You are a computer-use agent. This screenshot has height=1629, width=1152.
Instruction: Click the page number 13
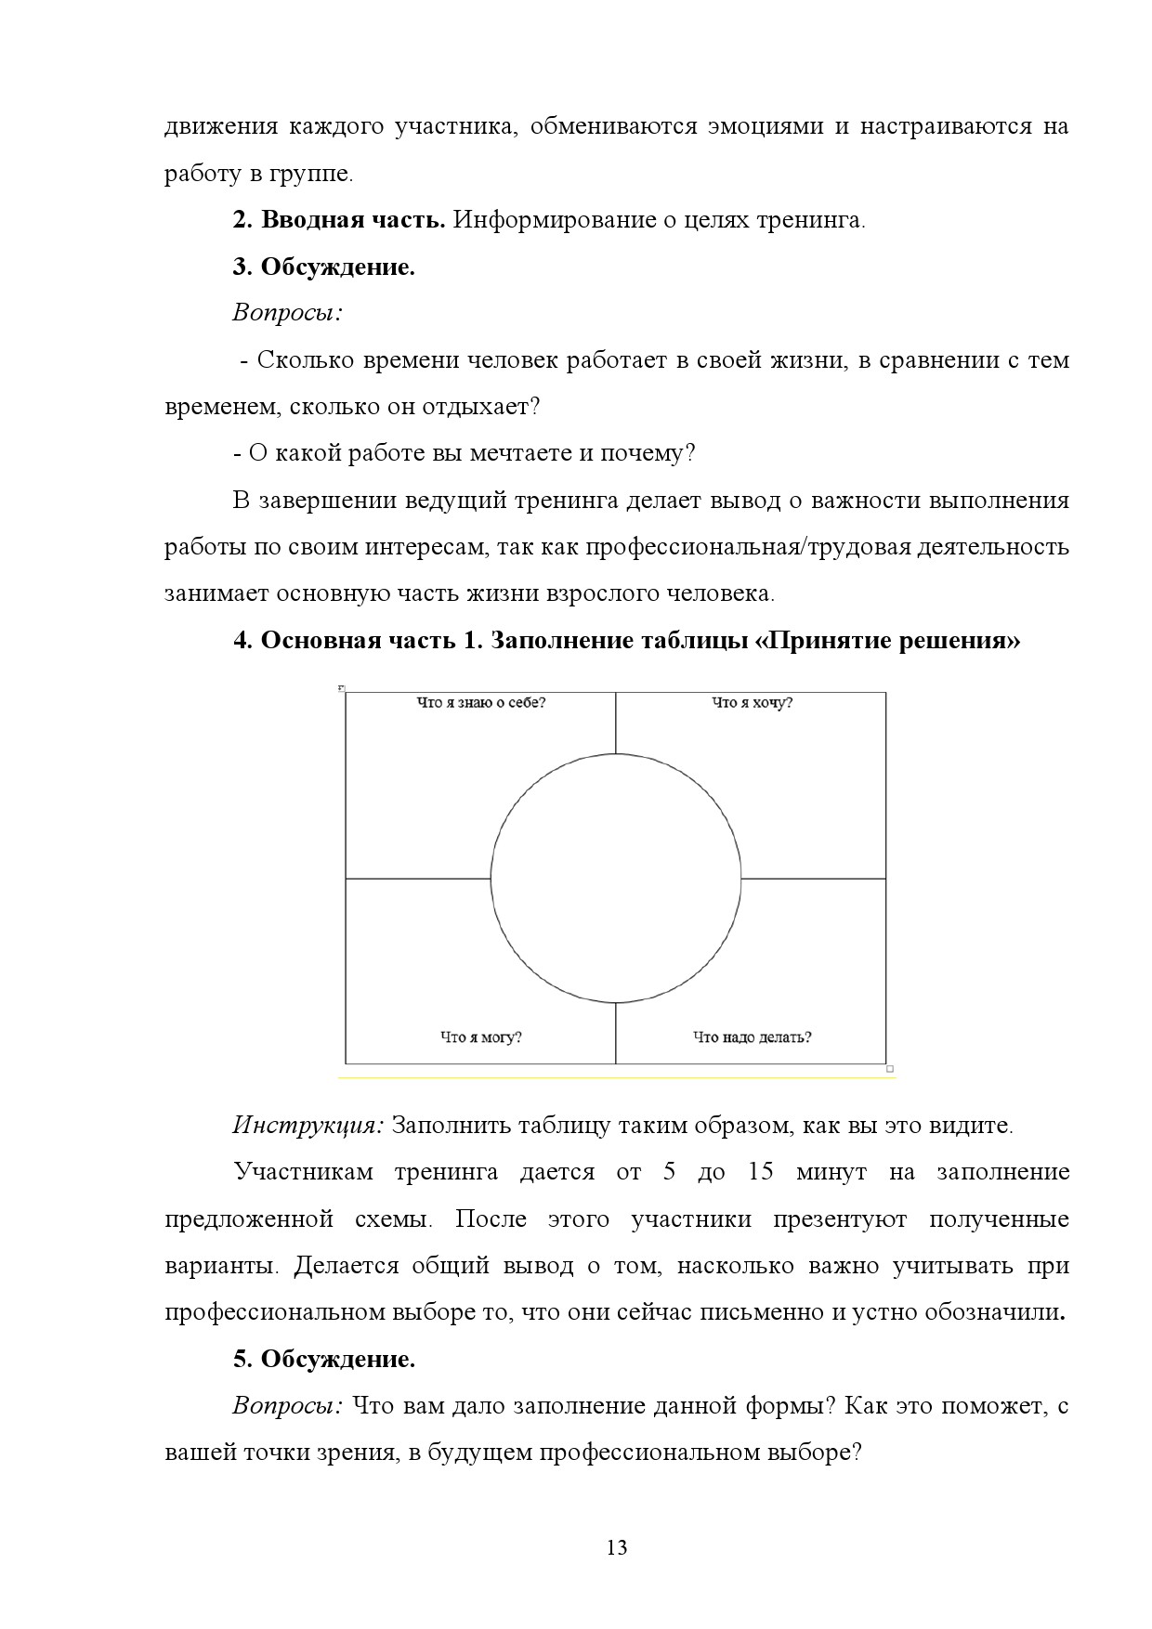(616, 1547)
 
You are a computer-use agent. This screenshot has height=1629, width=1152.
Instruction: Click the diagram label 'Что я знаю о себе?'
(480, 703)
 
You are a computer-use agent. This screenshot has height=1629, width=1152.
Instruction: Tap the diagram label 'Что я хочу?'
(752, 703)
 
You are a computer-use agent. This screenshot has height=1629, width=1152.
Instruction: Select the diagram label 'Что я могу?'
(480, 1036)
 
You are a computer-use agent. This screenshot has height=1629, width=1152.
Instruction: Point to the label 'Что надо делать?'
(752, 1036)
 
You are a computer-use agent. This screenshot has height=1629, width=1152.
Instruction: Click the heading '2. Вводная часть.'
(339, 221)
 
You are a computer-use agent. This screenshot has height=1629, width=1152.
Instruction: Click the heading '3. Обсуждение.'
(323, 267)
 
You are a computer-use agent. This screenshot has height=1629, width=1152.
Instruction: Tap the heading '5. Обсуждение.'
(323, 1360)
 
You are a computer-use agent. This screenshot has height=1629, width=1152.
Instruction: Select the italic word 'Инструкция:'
(308, 1126)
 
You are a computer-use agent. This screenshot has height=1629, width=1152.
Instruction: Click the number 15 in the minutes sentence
(760, 1172)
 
